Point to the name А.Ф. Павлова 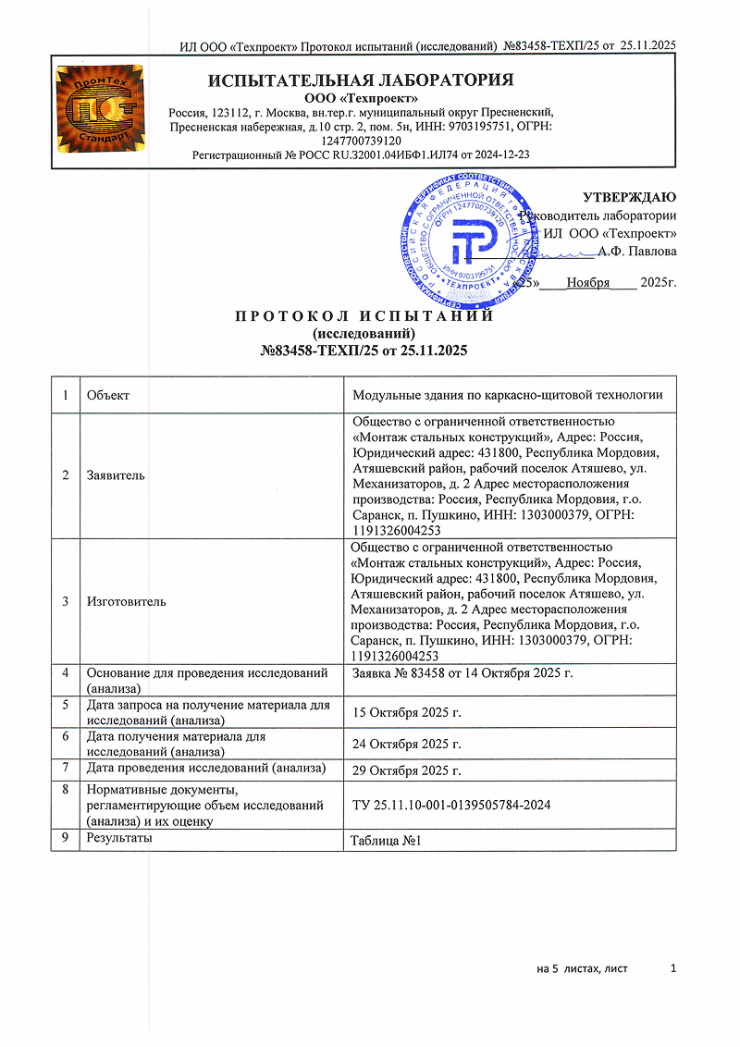[x=636, y=251]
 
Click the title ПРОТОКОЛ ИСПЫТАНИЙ [x=364, y=316]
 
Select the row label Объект [x=107, y=395]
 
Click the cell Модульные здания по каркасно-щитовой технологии [x=508, y=395]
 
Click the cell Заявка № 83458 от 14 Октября [x=462, y=671]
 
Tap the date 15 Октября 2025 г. [x=407, y=711]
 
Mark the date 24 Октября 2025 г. [x=407, y=744]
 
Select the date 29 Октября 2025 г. [x=407, y=770]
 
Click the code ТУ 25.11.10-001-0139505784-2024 [x=452, y=805]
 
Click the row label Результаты [x=119, y=837]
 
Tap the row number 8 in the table [x=66, y=790]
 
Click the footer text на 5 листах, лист [x=582, y=968]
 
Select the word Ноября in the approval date [x=587, y=282]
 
